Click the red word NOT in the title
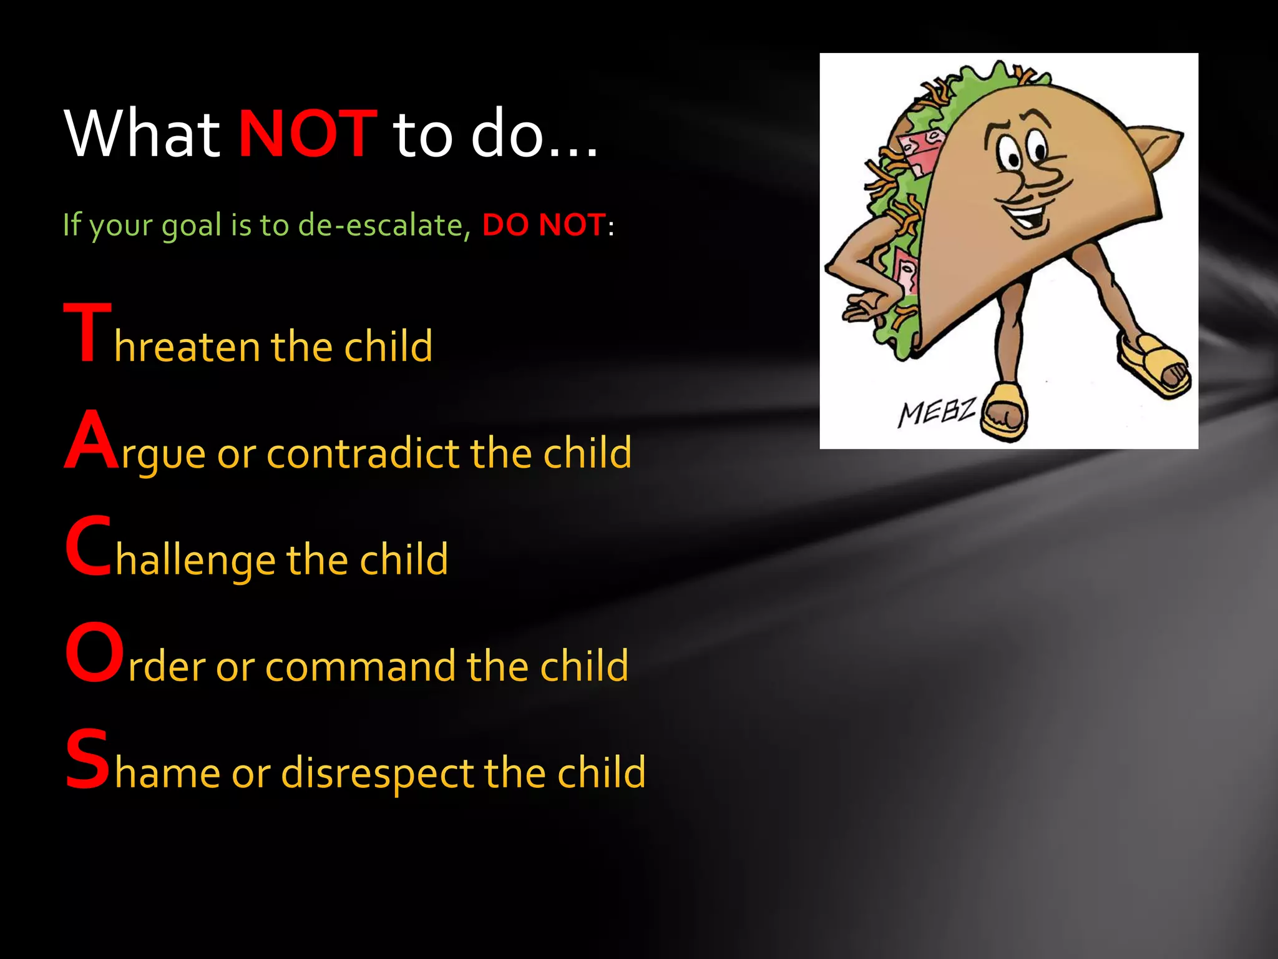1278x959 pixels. (308, 134)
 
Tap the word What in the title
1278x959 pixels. (142, 134)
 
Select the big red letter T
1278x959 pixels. (87, 332)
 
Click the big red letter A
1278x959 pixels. (91, 440)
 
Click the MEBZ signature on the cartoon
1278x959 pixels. (936, 413)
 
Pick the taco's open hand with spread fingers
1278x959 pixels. (864, 306)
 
